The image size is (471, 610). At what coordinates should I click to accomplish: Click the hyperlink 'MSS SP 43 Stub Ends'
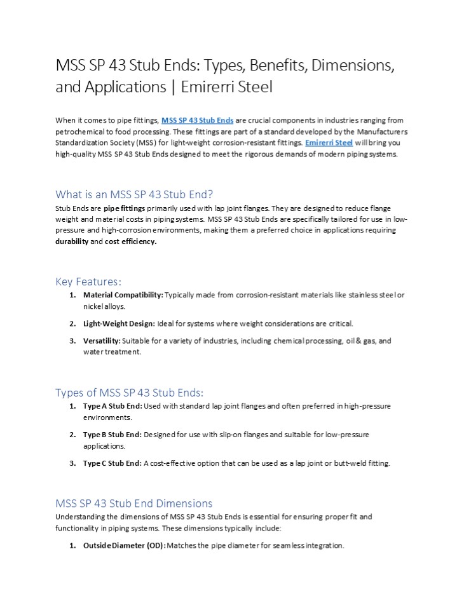pyautogui.click(x=198, y=120)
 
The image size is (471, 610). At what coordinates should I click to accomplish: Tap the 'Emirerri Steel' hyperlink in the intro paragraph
pyautogui.click(x=329, y=143)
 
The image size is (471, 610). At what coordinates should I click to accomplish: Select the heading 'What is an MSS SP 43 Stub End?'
pyautogui.click(x=139, y=194)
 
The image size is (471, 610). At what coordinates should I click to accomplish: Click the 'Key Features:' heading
pyautogui.click(x=88, y=281)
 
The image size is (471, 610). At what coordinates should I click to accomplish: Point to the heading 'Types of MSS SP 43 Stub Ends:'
pyautogui.click(x=130, y=392)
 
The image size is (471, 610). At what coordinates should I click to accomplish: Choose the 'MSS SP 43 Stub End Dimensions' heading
pyautogui.click(x=134, y=503)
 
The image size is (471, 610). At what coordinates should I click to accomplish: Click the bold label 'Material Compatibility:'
pyautogui.click(x=123, y=295)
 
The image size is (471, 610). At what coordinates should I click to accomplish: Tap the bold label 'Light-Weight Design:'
pyautogui.click(x=119, y=323)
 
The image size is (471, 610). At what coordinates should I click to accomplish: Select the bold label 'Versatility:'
pyautogui.click(x=102, y=341)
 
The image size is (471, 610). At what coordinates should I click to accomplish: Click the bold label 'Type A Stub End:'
pyautogui.click(x=113, y=406)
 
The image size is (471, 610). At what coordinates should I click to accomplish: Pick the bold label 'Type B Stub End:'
pyautogui.click(x=113, y=435)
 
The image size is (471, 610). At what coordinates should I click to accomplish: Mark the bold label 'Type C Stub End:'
pyautogui.click(x=113, y=463)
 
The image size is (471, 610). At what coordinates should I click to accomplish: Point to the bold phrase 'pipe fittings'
pyautogui.click(x=125, y=208)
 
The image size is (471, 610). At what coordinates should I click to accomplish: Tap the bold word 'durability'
pyautogui.click(x=72, y=241)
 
